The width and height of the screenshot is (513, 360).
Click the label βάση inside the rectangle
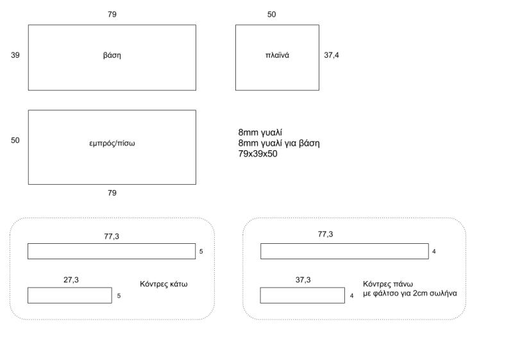(112, 55)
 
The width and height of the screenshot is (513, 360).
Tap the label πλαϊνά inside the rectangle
(277, 55)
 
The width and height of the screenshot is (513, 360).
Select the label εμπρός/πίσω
(112, 143)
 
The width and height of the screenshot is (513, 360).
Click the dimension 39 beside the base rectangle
(15, 55)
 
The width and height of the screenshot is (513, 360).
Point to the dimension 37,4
(332, 55)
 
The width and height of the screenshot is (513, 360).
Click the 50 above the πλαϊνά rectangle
(271, 14)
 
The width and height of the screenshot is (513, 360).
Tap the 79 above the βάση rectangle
(112, 14)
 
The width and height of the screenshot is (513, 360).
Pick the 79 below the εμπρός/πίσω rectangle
(112, 193)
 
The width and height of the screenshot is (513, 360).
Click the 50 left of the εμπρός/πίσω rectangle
(15, 141)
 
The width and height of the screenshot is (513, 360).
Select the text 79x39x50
(258, 154)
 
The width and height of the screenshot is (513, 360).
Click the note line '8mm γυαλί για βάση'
(279, 143)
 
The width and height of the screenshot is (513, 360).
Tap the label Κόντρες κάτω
(164, 284)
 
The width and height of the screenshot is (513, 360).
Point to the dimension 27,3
(71, 280)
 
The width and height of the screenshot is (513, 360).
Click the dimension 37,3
(303, 280)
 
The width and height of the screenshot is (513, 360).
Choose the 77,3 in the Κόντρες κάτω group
(112, 236)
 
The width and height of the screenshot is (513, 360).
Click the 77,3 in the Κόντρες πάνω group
(326, 234)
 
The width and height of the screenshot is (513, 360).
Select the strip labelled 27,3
(70, 296)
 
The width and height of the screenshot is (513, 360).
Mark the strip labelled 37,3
(302, 296)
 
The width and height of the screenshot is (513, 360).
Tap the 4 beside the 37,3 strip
(351, 296)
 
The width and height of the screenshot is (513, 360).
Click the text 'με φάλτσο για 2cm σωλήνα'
(410, 293)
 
